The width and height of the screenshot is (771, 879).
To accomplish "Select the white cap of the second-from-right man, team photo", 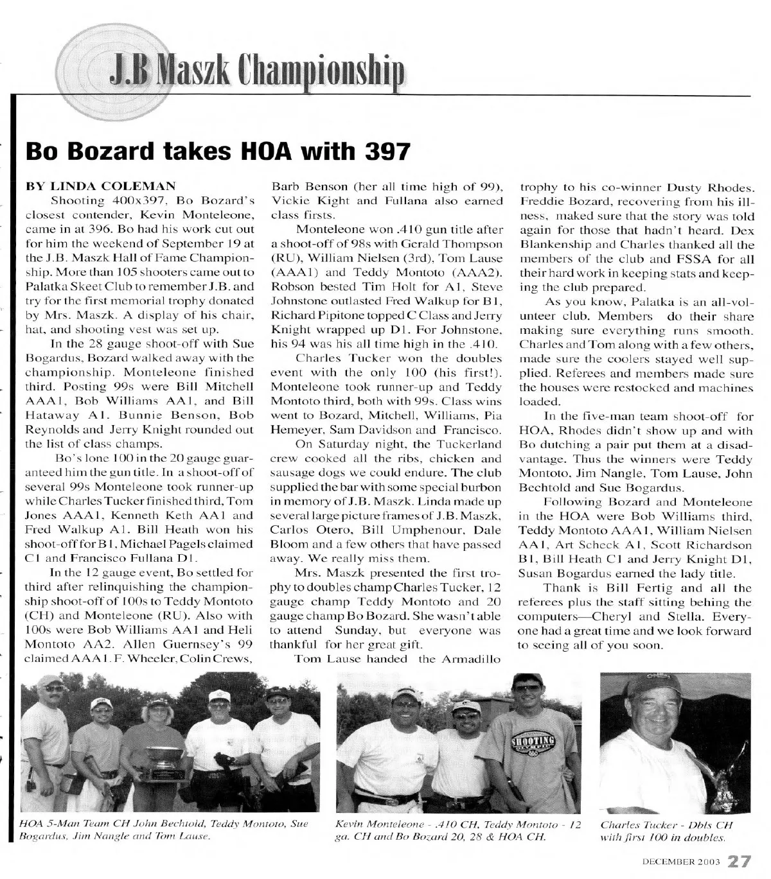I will pos(219,695).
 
